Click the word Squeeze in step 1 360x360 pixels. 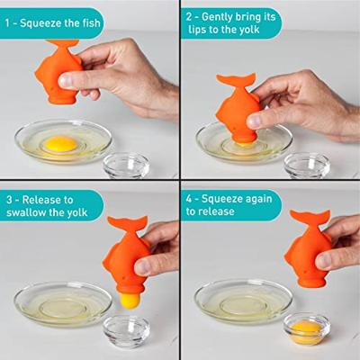[x=43, y=22]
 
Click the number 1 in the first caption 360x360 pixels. [x=9, y=22]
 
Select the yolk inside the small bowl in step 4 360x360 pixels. [x=307, y=331]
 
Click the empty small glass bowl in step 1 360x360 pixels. [x=125, y=166]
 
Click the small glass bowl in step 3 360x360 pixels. [x=125, y=332]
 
